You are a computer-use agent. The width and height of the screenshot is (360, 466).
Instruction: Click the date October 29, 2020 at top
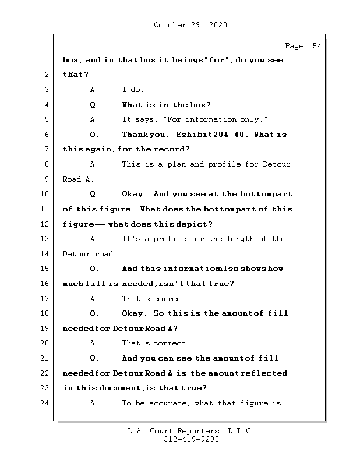pyautogui.click(x=190, y=25)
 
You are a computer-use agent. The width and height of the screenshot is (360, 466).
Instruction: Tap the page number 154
pyautogui.click(x=314, y=47)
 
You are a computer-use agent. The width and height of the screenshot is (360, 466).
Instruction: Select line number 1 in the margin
pyautogui.click(x=46, y=60)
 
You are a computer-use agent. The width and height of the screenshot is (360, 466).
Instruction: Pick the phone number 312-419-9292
pyautogui.click(x=191, y=440)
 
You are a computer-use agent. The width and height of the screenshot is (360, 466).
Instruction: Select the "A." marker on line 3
pyautogui.click(x=94, y=90)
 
